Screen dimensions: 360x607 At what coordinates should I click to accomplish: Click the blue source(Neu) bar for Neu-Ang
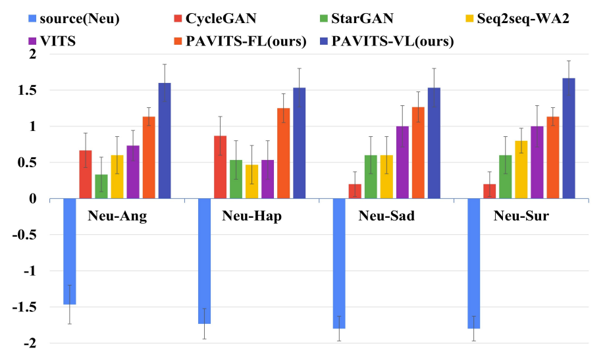[x=69, y=251]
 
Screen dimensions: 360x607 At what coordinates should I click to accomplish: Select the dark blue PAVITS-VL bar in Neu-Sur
[x=569, y=138]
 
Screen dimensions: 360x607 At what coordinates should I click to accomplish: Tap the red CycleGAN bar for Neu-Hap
[x=220, y=167]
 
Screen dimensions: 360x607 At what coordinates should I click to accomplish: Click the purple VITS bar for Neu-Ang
[x=133, y=172]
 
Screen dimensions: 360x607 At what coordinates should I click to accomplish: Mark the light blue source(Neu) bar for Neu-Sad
[x=339, y=263]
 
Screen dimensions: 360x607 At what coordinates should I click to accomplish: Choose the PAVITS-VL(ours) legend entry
[x=393, y=41]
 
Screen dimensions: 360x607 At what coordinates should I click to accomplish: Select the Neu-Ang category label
[x=117, y=217]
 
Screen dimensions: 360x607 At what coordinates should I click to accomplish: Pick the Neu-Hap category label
[x=251, y=217]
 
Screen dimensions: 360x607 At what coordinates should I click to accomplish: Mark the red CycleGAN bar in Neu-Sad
[x=355, y=191]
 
